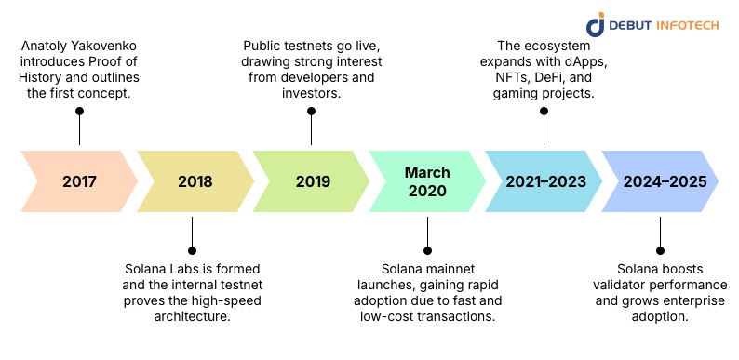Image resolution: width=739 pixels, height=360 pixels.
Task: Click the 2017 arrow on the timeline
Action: (79, 182)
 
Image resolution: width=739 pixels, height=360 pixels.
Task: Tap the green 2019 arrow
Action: (311, 182)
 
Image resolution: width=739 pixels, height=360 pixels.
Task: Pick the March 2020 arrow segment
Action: (427, 182)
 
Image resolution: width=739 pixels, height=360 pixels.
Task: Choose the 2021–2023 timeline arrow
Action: (544, 182)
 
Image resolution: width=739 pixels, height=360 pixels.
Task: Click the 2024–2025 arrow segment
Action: (660, 182)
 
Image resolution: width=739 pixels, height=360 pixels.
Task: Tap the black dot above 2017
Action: (79, 111)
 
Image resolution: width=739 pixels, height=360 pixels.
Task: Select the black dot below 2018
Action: (193, 250)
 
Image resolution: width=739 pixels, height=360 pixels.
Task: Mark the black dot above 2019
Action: (311, 111)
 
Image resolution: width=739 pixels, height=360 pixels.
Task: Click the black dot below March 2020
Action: (427, 250)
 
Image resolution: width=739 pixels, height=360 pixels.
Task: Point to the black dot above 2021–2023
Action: (544, 111)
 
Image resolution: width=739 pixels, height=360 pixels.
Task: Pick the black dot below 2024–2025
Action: (660, 250)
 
